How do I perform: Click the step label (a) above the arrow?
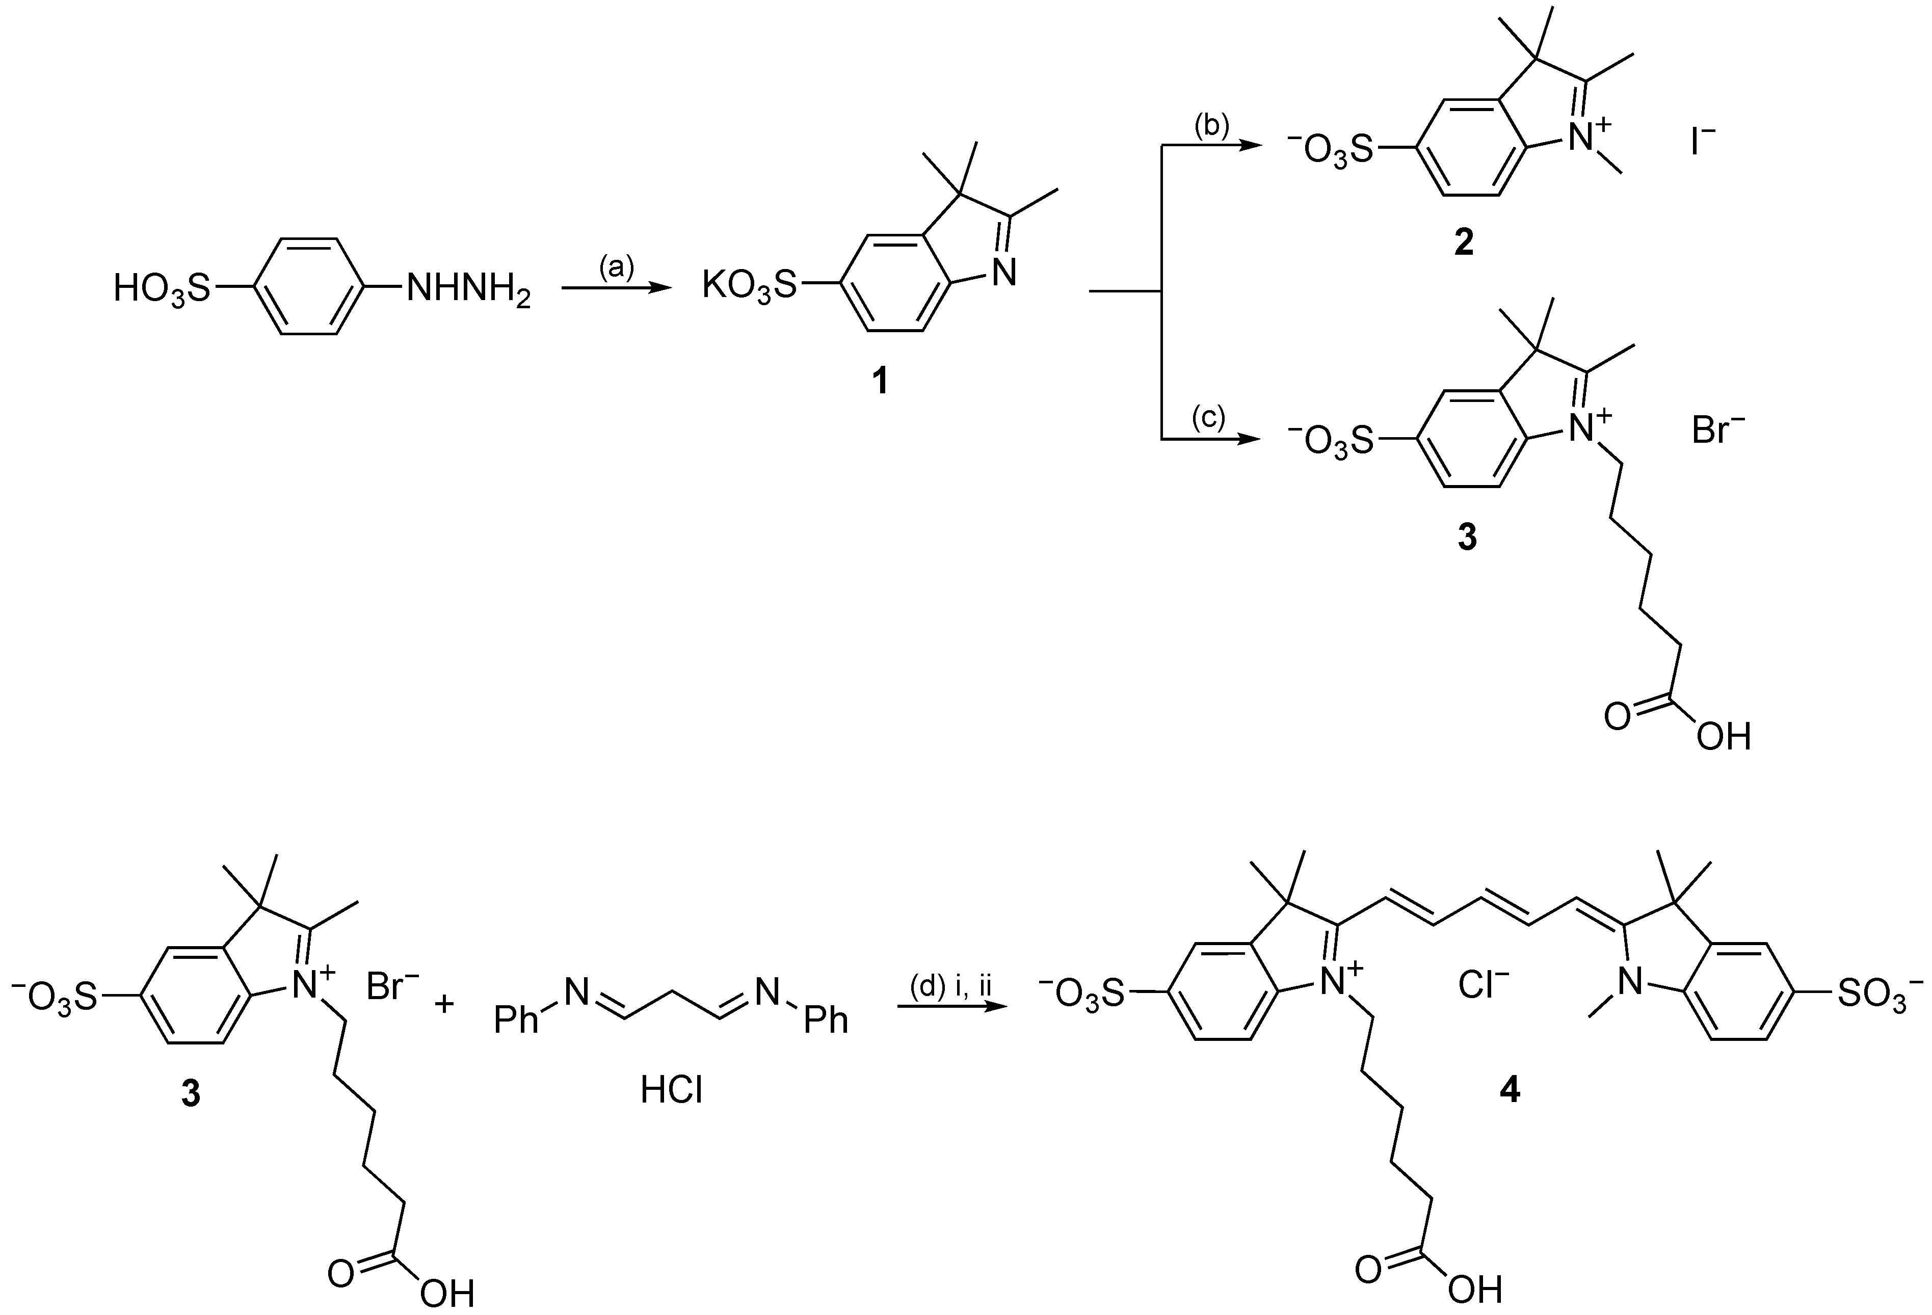616,267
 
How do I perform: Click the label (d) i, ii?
950,987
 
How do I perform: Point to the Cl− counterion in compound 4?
1484,986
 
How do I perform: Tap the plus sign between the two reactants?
445,1005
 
